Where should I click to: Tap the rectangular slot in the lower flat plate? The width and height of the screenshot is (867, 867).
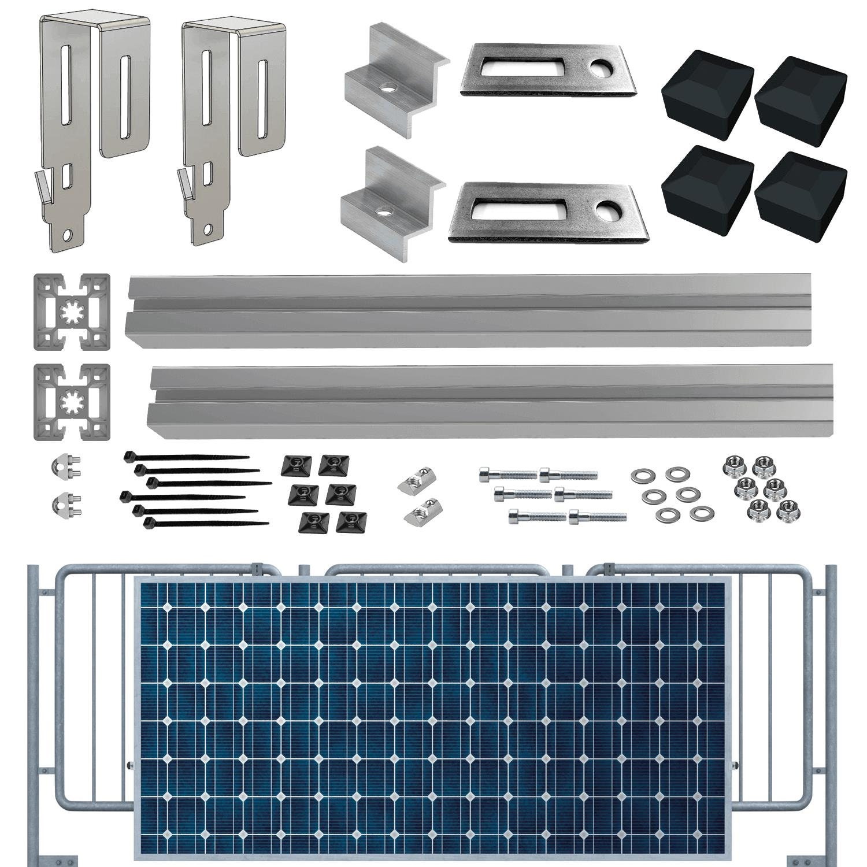point(524,209)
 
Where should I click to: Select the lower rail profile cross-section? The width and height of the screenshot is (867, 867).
point(72,402)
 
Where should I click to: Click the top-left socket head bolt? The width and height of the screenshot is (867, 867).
point(507,475)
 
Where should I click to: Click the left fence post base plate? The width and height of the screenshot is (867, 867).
point(52,858)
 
